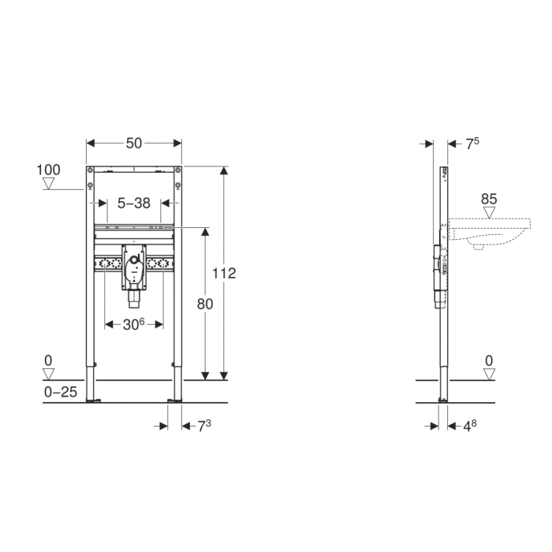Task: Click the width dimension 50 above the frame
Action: [x=134, y=143]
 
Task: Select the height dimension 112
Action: [x=225, y=273]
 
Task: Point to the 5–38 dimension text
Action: [x=133, y=203]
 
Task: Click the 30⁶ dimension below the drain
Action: [x=134, y=323]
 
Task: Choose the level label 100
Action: [x=49, y=170]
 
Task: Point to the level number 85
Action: [x=489, y=200]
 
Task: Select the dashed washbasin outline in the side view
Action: [x=489, y=233]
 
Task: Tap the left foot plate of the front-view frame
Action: [x=95, y=401]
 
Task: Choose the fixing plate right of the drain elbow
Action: [x=162, y=263]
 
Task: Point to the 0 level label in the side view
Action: [x=489, y=360]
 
